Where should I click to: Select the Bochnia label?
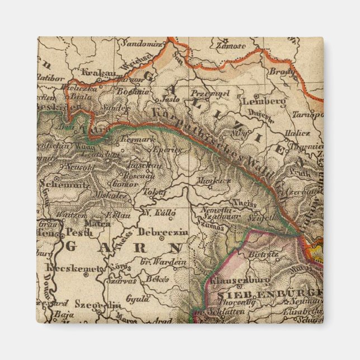(134, 90)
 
